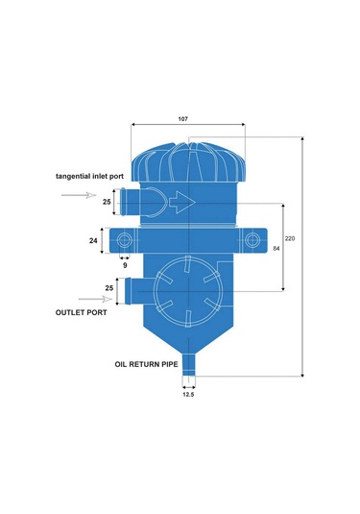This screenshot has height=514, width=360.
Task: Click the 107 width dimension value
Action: tap(182, 119)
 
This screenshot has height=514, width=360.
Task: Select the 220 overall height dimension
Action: tap(290, 238)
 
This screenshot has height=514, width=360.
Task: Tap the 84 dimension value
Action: tap(276, 249)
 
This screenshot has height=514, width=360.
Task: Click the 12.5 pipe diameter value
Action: tap(188, 394)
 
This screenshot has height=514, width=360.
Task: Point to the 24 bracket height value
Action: tap(93, 240)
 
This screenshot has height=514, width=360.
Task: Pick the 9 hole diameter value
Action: tap(125, 265)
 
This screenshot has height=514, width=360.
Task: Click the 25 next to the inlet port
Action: tap(107, 202)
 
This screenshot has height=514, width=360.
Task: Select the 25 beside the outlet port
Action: tap(109, 288)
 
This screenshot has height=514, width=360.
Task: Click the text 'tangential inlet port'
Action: tap(89, 177)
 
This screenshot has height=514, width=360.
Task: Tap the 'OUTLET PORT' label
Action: tap(82, 313)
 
